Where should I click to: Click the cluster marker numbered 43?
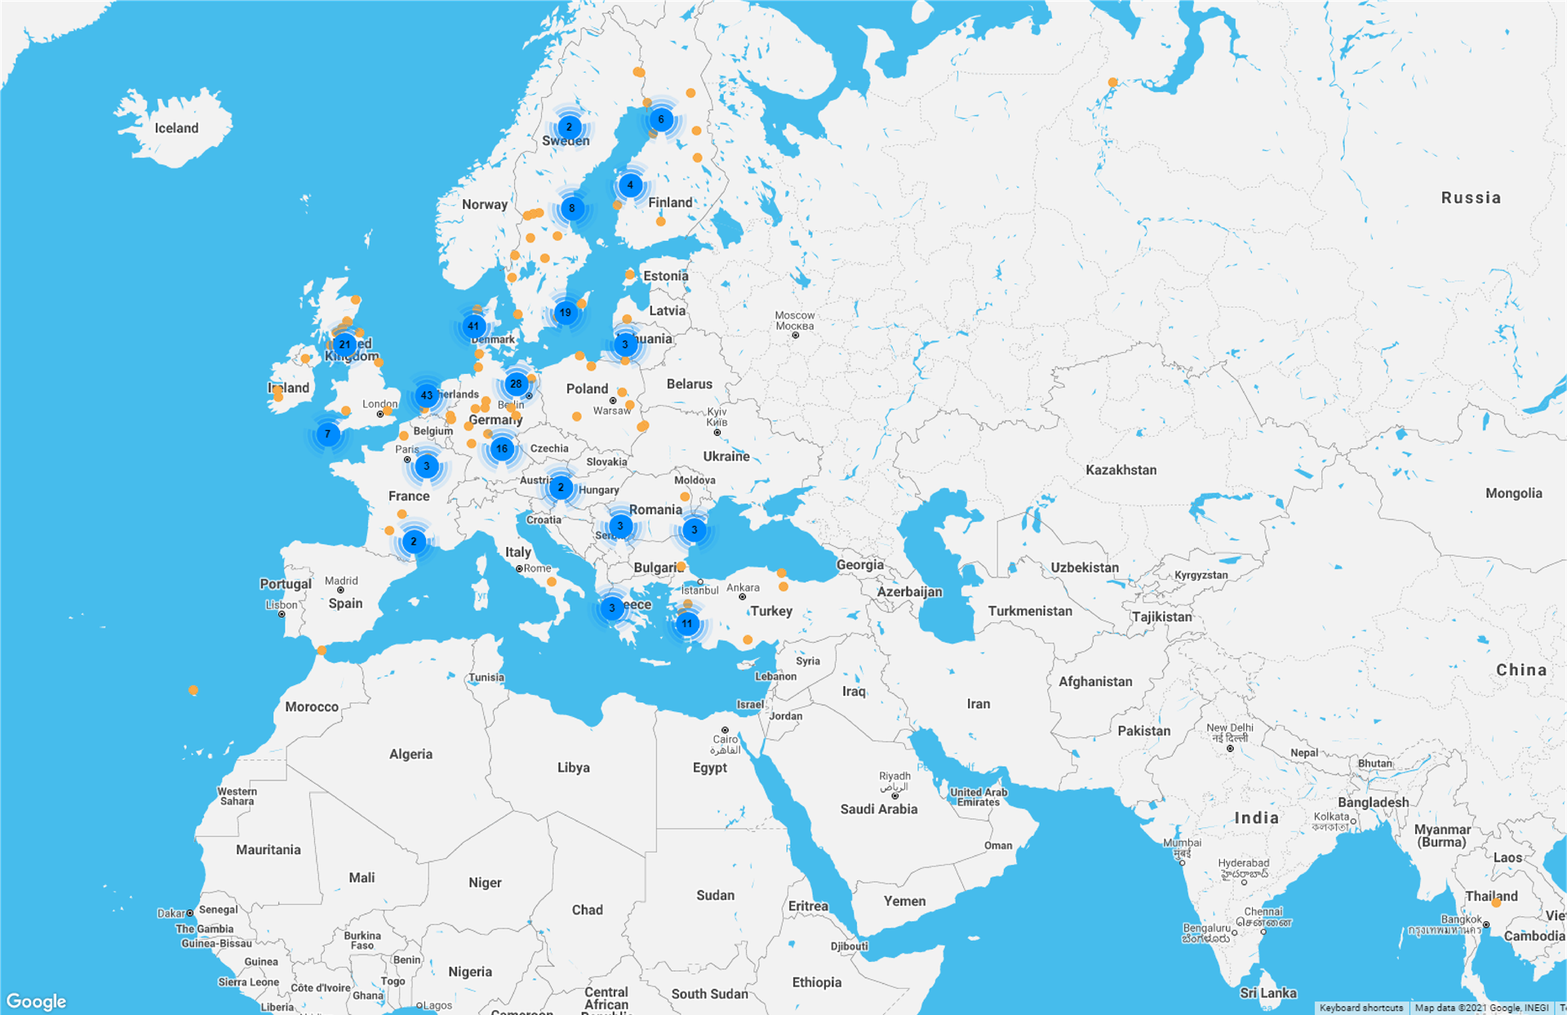tap(426, 396)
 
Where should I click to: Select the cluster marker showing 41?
tap(473, 327)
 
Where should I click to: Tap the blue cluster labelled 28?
tap(516, 384)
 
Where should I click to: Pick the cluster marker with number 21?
tap(344, 345)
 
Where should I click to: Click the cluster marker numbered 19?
tap(566, 313)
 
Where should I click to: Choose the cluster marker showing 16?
tap(502, 448)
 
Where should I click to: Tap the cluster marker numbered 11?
tap(687, 624)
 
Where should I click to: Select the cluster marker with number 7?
tap(327, 434)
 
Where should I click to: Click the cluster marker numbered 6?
tap(661, 120)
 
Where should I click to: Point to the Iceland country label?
tap(176, 128)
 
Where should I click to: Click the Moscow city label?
tap(794, 320)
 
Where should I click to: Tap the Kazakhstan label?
tap(1121, 470)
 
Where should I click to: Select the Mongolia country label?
tap(1513, 493)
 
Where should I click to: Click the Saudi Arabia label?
tap(879, 809)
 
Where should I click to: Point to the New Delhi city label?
tap(1229, 732)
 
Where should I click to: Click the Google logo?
tap(36, 1001)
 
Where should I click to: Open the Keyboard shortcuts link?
tap(1361, 1008)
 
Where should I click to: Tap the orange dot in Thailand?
tap(1496, 902)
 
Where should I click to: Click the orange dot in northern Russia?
tap(1112, 82)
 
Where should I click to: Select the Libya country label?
tap(573, 768)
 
